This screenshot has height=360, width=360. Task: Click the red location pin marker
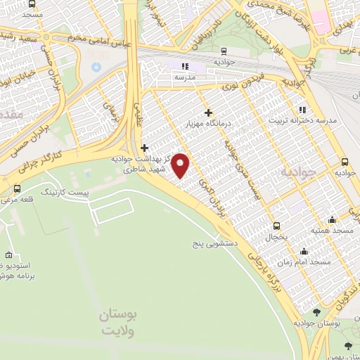pos(181,165)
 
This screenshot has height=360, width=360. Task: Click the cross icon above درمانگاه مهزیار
pos(208,112)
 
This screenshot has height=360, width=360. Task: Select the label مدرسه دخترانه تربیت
pos(305,120)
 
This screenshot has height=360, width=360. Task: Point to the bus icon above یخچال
pos(276,226)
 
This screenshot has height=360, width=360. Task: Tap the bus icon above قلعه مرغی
pos(17,188)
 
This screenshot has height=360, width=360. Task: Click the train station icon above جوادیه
pos(223,51)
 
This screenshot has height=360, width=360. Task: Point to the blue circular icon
pos(96,67)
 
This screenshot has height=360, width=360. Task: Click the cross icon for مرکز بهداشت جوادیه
pos(144,148)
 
